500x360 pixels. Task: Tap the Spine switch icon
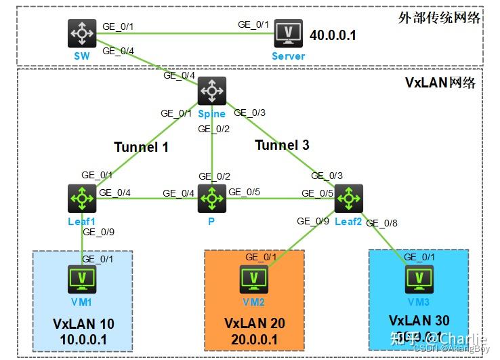[x=212, y=90]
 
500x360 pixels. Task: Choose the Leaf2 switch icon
[x=349, y=198]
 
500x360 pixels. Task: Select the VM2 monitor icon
[x=253, y=279]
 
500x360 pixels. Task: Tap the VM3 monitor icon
[x=417, y=278]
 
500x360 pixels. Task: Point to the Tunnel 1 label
[x=141, y=146]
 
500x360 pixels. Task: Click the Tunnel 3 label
[x=282, y=144]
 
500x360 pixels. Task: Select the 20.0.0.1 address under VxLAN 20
[x=254, y=338]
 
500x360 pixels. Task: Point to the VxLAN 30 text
[x=419, y=321]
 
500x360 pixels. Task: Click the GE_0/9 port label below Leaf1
[x=99, y=232]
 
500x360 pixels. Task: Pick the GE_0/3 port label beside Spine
[x=251, y=113]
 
